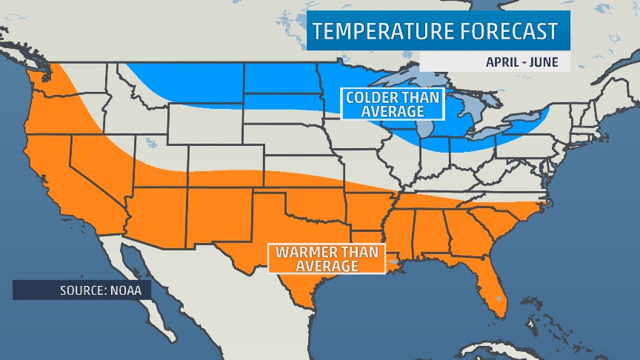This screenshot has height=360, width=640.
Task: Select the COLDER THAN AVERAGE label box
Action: (x=393, y=104)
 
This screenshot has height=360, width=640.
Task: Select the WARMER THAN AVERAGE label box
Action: (x=327, y=258)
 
